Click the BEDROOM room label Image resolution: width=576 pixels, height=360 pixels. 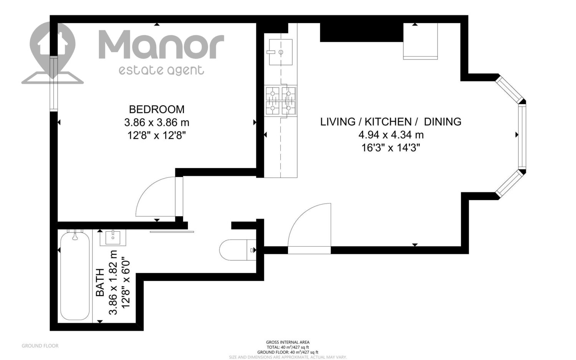(157, 109)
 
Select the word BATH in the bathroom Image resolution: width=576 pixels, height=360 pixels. (100, 282)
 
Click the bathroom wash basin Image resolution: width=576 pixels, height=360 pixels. (113, 238)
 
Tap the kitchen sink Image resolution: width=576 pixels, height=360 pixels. (281, 52)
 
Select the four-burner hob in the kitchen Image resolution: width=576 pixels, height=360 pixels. (281, 101)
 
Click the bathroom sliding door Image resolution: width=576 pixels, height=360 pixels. (172, 232)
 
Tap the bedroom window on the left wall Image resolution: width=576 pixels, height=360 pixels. (54, 84)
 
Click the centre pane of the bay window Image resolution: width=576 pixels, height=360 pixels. (522, 137)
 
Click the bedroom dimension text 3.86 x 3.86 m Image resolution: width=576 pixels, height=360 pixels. (157, 122)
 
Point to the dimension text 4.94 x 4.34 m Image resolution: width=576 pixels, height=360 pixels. (391, 134)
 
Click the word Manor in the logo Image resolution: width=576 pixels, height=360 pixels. (161, 44)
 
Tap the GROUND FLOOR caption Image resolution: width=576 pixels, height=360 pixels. (40, 346)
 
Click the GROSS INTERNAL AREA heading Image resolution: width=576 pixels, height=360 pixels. (288, 342)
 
